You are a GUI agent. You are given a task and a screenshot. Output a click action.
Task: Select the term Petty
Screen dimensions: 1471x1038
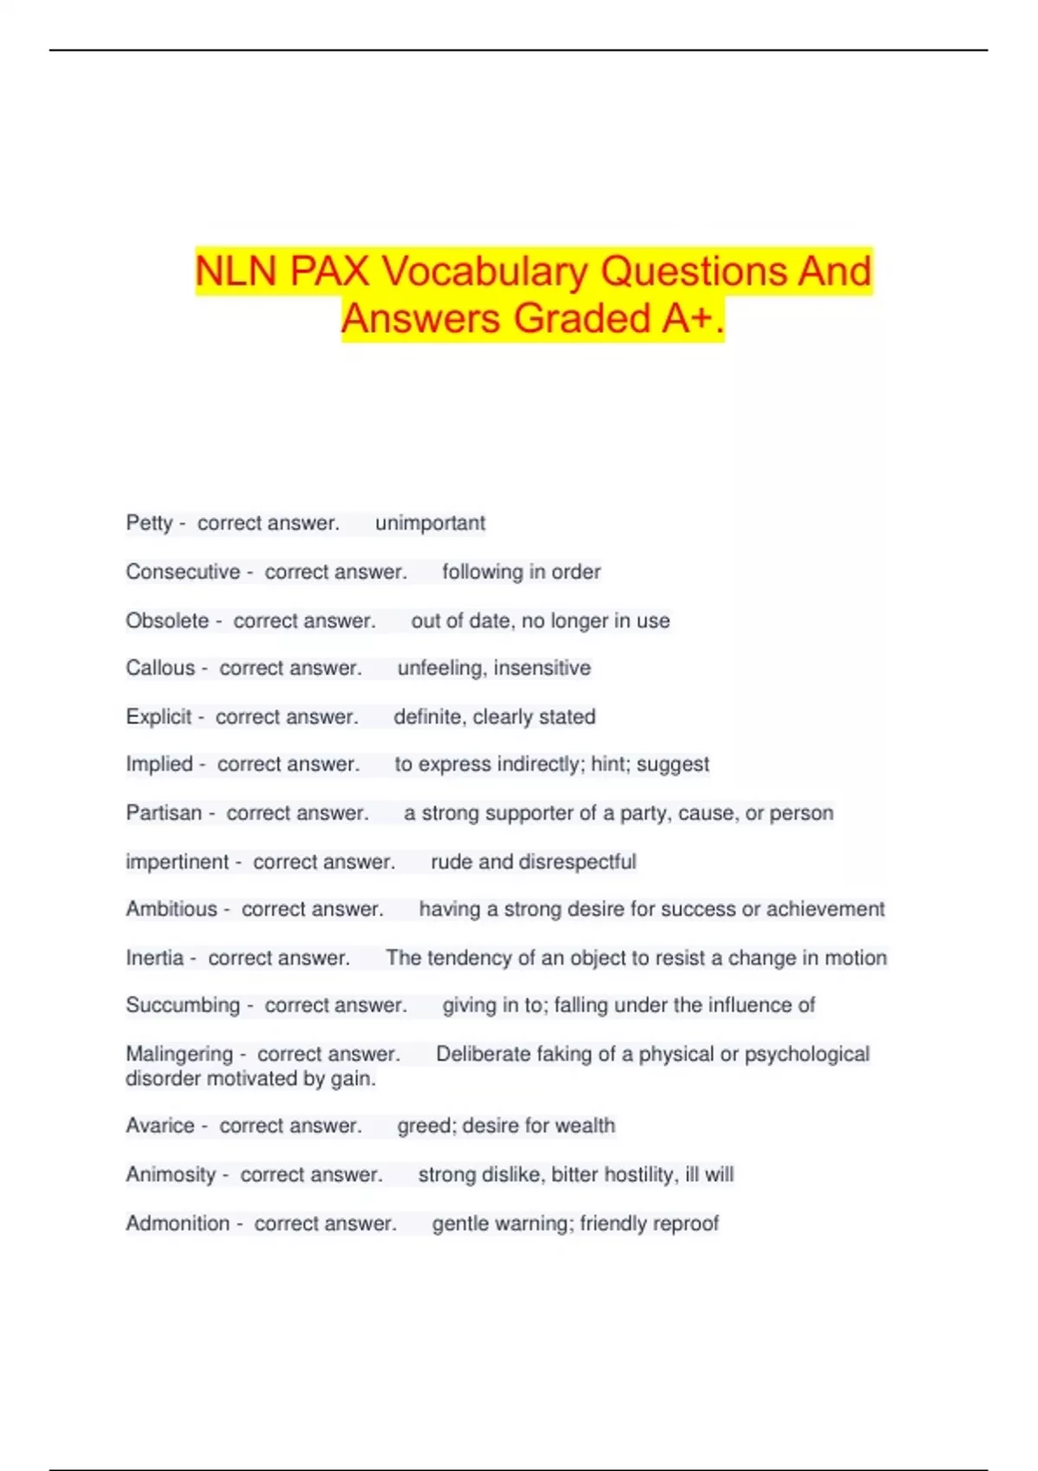(149, 524)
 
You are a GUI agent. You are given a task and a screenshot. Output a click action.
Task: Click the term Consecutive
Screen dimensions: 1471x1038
(183, 572)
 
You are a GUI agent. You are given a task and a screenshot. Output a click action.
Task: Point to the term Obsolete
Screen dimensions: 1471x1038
(167, 620)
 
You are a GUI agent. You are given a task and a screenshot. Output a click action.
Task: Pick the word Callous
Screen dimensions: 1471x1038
(160, 668)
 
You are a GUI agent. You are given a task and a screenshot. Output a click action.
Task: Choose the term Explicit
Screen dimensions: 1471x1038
(158, 716)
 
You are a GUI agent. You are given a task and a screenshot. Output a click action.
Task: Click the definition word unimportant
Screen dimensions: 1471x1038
(430, 524)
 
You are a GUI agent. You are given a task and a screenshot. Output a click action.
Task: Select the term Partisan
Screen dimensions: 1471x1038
(163, 813)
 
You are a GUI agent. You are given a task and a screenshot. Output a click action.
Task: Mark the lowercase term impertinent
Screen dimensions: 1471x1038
(176, 862)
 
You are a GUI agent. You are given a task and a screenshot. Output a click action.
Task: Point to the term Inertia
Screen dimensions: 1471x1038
(154, 958)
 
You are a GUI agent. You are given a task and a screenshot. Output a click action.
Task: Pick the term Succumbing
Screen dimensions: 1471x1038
(183, 1005)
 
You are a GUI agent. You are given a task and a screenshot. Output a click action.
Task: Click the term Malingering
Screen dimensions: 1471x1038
(179, 1054)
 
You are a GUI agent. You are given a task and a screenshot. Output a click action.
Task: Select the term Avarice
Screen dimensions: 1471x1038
(160, 1126)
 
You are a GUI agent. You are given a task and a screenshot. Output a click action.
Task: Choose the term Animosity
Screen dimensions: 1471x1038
(170, 1175)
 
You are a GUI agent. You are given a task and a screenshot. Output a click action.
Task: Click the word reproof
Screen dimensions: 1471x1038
(686, 1224)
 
